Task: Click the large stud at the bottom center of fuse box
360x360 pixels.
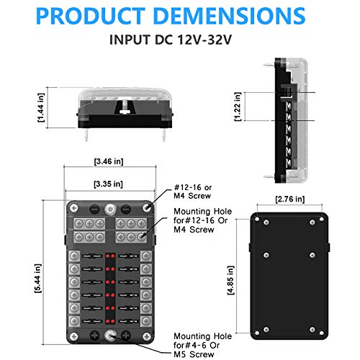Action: pos(110,335)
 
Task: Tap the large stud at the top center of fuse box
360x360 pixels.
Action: pos(110,209)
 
